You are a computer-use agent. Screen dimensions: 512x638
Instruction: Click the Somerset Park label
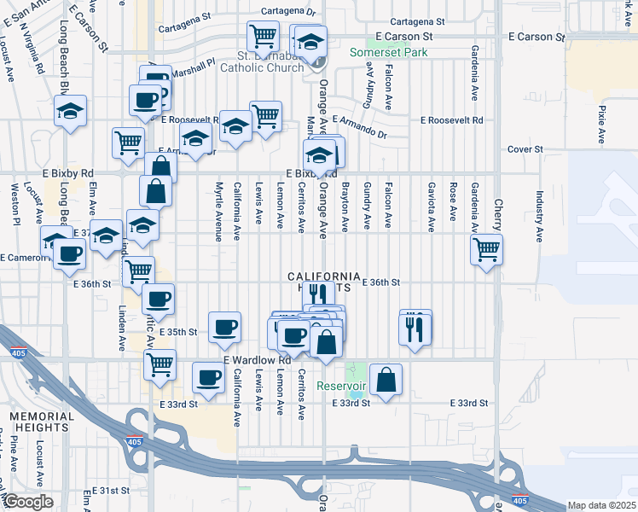coord(389,52)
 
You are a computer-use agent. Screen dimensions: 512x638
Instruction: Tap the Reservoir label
coord(341,386)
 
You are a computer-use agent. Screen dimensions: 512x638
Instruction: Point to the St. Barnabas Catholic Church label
coord(264,62)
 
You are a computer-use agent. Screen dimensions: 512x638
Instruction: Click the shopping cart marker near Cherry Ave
coord(486,249)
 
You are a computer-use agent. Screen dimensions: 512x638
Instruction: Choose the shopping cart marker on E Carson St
coord(263,37)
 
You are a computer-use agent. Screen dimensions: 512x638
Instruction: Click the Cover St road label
coord(525,149)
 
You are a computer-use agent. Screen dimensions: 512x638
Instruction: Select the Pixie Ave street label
coord(601,124)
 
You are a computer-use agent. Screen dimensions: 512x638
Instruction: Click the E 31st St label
coord(113,492)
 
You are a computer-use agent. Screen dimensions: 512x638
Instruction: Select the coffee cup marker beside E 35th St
coord(224,327)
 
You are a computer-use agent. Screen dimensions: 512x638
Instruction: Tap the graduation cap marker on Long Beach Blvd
coord(70,111)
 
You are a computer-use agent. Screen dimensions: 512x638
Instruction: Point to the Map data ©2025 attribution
coord(601,505)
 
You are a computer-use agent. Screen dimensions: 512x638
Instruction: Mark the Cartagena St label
coord(417,21)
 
